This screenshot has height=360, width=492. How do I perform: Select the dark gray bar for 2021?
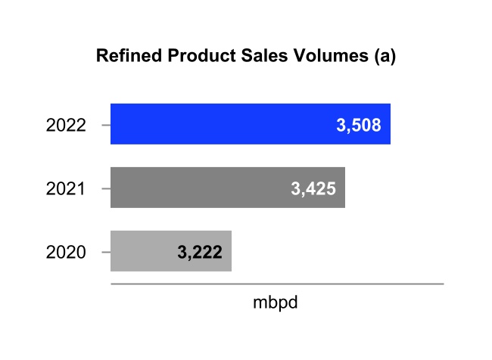(x=197, y=188)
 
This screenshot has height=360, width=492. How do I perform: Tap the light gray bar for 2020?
(x=144, y=251)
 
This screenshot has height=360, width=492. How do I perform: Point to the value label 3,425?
(x=313, y=188)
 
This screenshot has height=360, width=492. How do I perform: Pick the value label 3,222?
(x=199, y=252)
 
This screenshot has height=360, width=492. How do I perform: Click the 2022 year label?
(x=66, y=125)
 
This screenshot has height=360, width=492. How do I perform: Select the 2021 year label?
(x=66, y=188)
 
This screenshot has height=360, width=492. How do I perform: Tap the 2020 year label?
(x=66, y=252)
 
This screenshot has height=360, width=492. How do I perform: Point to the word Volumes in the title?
(x=322, y=57)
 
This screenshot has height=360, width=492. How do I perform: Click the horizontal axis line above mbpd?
(x=276, y=284)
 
